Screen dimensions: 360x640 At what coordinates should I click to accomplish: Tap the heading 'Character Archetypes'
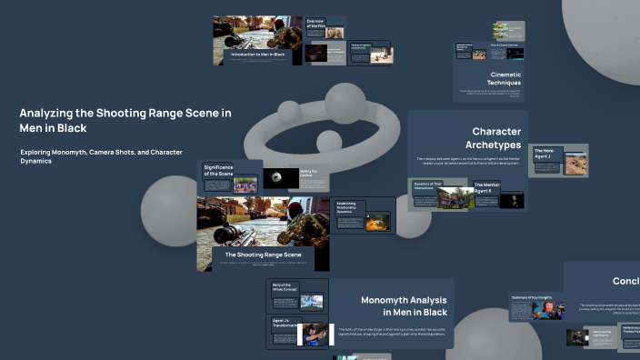pos(484,137)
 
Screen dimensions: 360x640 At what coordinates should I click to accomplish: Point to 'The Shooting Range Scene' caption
pos(263,255)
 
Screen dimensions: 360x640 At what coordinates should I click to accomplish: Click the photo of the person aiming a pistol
pos(315,333)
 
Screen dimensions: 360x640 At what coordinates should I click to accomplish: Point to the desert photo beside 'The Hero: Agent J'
pos(574,165)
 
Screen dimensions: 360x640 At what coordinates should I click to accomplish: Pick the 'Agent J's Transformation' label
pos(285,325)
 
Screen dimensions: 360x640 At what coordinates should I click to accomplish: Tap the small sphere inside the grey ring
pos(327,141)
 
